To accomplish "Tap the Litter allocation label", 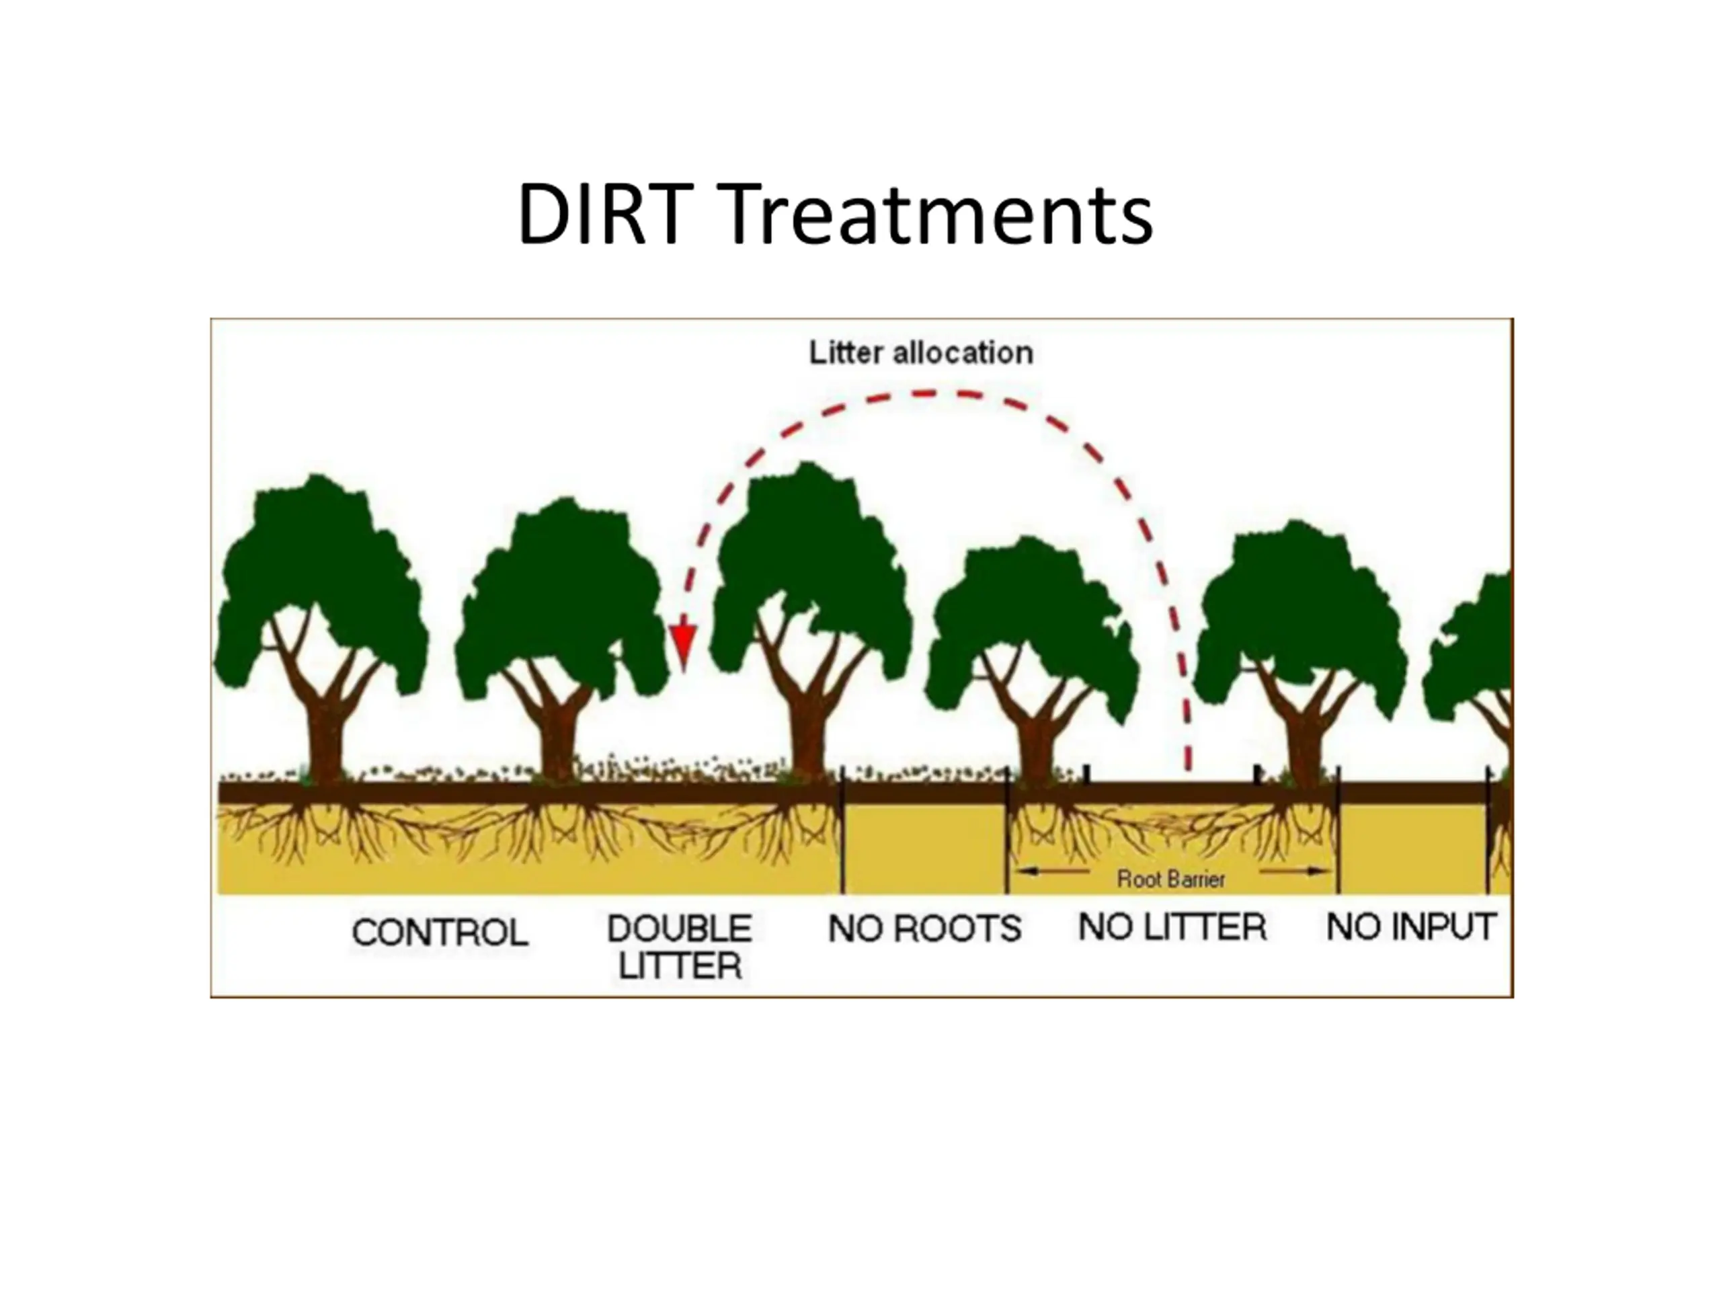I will [921, 353].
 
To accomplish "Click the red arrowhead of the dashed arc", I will [683, 646].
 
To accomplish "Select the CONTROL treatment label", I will [440, 932].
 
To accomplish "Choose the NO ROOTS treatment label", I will [924, 929].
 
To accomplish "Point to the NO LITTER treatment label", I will [1172, 927].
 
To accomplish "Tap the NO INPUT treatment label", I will [1410, 927].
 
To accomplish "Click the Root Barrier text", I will [1171, 879].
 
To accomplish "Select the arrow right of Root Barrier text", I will [1295, 871].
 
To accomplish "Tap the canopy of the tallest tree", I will [809, 560].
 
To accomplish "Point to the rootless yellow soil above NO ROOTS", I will [924, 848].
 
